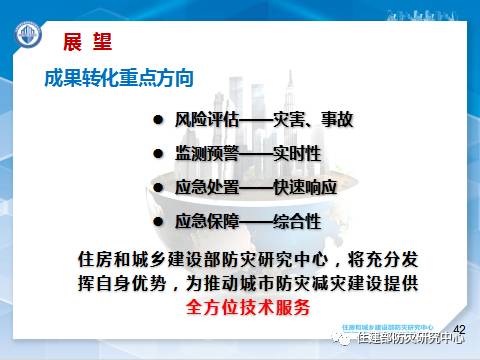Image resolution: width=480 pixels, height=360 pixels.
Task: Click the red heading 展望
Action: coord(87,42)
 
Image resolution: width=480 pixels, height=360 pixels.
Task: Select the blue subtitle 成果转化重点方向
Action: coord(118,77)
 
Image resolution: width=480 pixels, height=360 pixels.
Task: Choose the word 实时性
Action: coord(302,155)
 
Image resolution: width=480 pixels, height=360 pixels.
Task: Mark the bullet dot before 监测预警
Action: coord(157,155)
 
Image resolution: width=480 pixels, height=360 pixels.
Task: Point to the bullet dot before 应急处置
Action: coord(157,188)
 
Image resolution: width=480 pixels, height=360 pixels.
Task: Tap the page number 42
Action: coord(460,329)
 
